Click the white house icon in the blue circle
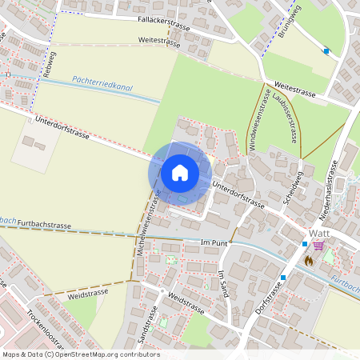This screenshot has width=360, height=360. [179, 172]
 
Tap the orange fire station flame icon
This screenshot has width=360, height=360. [309, 260]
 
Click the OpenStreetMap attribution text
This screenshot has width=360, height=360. [81, 354]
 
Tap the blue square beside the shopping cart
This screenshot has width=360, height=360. [305, 243]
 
